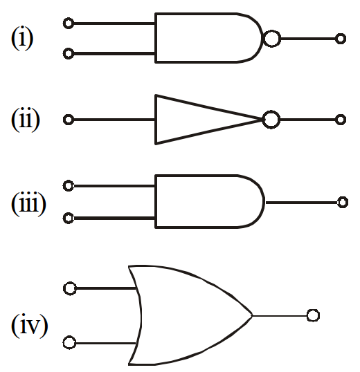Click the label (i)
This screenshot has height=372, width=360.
[x=22, y=38]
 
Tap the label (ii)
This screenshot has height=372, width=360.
[x=26, y=120]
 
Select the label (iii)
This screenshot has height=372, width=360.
[x=28, y=204]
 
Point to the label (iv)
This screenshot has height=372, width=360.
[x=30, y=325]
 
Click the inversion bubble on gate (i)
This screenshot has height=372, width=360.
[x=272, y=39]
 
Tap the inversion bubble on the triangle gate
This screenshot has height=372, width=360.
[x=271, y=120]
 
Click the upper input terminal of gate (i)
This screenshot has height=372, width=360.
[x=69, y=24]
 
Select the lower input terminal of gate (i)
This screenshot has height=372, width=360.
[x=69, y=54]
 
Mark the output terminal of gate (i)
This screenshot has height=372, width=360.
[x=341, y=39]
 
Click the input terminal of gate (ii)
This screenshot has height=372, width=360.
[x=69, y=120]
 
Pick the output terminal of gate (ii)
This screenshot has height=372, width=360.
[x=341, y=120]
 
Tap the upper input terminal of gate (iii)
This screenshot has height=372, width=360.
[x=69, y=185]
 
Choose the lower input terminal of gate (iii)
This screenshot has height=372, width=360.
[x=69, y=218]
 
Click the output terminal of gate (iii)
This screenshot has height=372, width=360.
[x=343, y=203]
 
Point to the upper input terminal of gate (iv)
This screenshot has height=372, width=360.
[x=70, y=288]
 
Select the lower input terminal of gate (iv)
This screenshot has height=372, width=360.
[x=70, y=343]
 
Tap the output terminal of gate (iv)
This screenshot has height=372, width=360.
[x=313, y=315]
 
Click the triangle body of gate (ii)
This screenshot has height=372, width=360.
[x=156, y=120]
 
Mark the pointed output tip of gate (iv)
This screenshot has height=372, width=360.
[x=252, y=315]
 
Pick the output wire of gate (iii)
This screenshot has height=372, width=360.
[x=302, y=203]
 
